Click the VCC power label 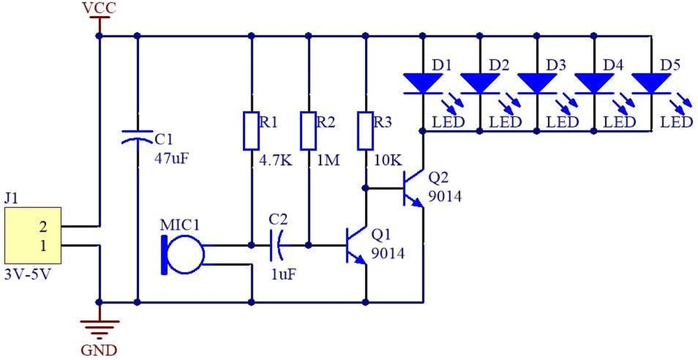coord(99,8)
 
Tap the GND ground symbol coord(100,325)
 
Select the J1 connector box coord(32,237)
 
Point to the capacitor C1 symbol coord(136,137)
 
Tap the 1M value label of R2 coord(327,160)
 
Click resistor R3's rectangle coord(365,130)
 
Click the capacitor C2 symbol coord(278,245)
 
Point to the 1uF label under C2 coord(283,273)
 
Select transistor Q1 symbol coord(357,246)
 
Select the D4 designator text coord(612,65)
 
